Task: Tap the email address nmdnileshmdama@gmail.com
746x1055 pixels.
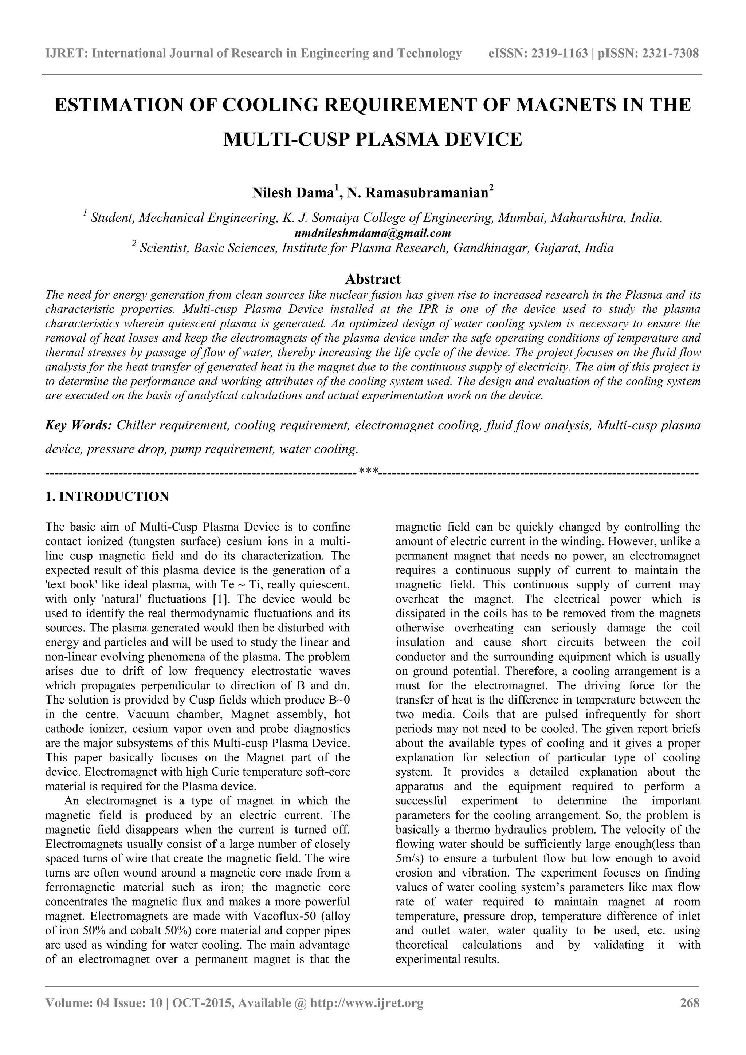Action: pyautogui.click(x=373, y=233)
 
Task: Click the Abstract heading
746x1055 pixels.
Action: pyautogui.click(x=373, y=279)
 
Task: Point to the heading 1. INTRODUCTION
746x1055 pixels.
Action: pyautogui.click(x=107, y=497)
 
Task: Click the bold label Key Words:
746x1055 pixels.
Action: pyautogui.click(x=79, y=425)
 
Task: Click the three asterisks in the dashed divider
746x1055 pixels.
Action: pyautogui.click(x=369, y=471)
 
